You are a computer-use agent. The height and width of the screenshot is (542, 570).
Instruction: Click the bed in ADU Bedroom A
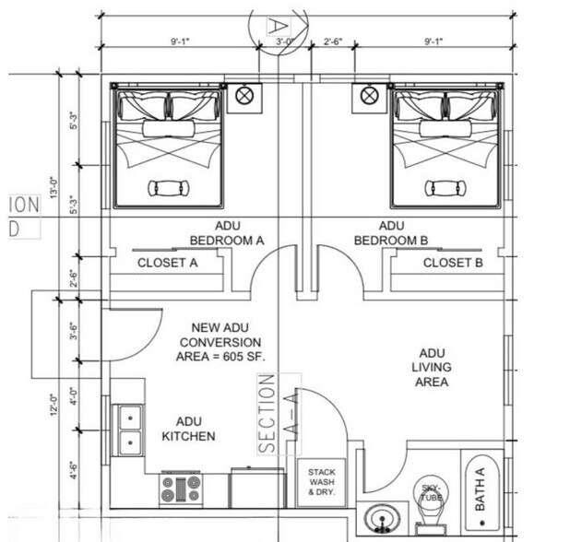[x=168, y=147]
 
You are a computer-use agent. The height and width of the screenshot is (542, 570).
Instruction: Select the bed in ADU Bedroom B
[x=446, y=147]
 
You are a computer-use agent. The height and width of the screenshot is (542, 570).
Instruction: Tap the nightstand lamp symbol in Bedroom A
[x=244, y=94]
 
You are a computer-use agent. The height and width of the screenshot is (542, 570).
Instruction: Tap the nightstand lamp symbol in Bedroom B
[x=369, y=94]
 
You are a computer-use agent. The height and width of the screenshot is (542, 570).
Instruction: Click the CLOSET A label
[x=168, y=263]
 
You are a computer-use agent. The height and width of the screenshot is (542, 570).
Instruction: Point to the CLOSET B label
[x=453, y=263]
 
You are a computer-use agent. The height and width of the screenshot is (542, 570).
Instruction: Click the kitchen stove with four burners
[x=180, y=488]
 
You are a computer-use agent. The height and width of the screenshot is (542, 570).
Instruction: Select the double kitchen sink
[x=129, y=430]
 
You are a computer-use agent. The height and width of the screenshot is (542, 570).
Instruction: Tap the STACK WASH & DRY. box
[x=321, y=482]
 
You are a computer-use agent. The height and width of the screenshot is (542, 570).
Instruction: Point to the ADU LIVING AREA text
[x=431, y=367]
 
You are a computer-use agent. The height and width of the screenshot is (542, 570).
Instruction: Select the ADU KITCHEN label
[x=189, y=429]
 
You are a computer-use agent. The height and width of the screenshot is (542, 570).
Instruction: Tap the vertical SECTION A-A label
[x=267, y=413]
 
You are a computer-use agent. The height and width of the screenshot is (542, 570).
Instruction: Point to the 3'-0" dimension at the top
[x=285, y=41]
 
